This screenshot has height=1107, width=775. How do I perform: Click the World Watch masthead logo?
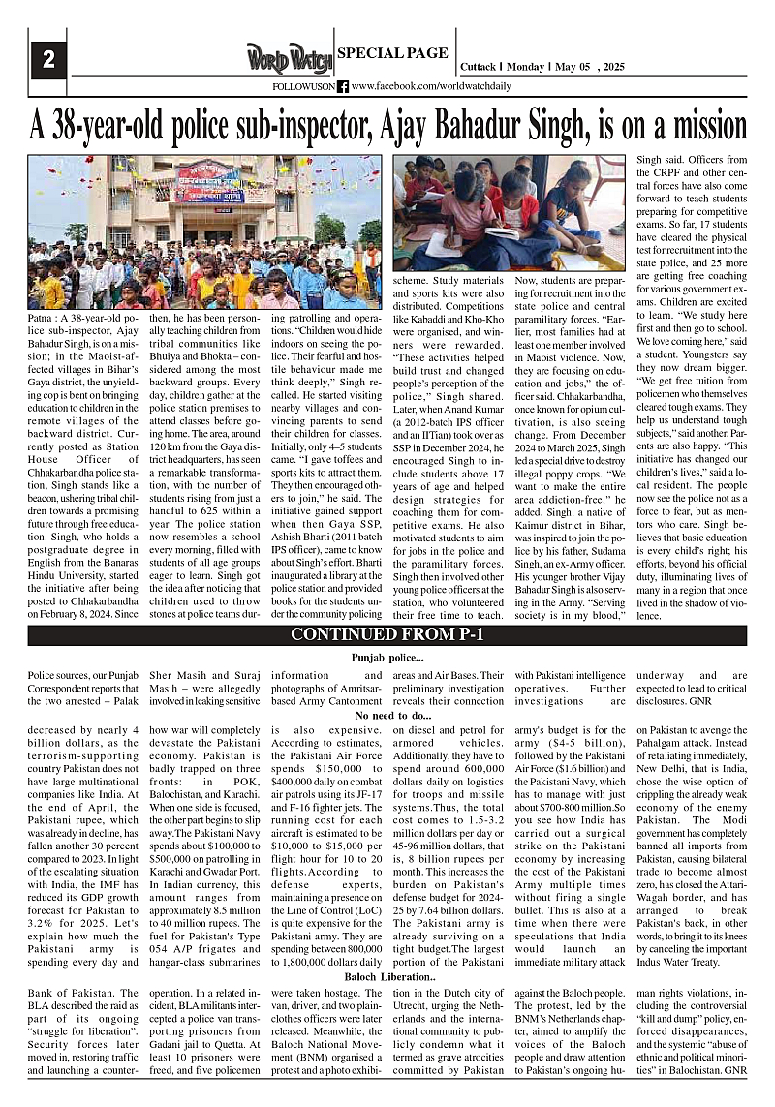click(x=288, y=59)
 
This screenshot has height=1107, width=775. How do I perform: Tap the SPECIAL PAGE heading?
click(x=392, y=53)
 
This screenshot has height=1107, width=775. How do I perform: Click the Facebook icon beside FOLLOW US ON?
click(x=343, y=86)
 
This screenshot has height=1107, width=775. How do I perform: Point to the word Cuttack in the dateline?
click(x=476, y=67)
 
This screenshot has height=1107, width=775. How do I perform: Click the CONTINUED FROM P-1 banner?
click(x=387, y=635)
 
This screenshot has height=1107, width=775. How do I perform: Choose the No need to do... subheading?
click(x=387, y=716)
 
